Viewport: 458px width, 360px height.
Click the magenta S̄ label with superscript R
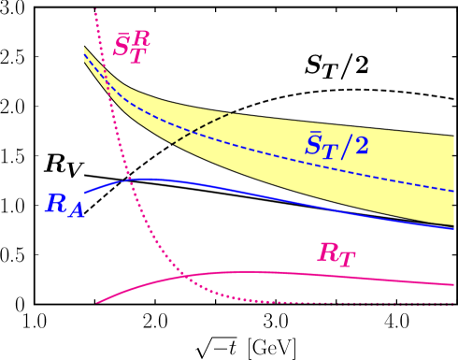click(131, 46)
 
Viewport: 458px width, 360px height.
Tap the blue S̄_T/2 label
click(336, 144)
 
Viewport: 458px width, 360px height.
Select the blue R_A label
click(64, 205)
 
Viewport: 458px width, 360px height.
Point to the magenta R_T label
click(336, 254)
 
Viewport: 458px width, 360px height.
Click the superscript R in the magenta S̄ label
click(141, 38)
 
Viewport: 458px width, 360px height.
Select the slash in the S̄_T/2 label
click(346, 145)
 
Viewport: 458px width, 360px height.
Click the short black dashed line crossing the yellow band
click(201, 129)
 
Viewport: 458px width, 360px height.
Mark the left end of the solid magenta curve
click(97, 302)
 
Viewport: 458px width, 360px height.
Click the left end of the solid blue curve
click(85, 192)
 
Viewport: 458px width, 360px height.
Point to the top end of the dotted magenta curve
click(95, 9)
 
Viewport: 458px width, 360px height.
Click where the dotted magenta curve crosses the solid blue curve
click(135, 179)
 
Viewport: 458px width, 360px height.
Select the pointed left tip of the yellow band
click(84, 47)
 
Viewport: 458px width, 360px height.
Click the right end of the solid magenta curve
click(453, 284)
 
